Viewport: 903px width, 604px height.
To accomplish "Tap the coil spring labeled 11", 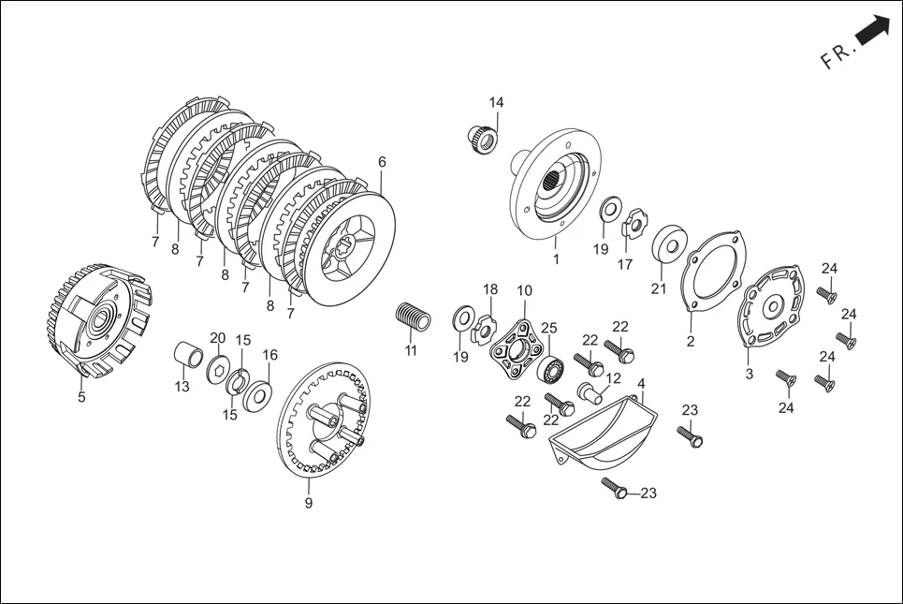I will point(413,316).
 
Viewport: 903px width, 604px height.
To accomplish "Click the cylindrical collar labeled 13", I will point(190,358).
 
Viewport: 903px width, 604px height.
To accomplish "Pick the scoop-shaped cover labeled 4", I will point(600,431).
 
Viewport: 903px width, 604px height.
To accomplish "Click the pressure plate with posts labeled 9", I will point(323,421).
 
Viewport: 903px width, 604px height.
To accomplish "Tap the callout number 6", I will point(382,162).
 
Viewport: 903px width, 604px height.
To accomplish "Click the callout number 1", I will point(555,259).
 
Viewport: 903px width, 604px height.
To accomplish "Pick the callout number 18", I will point(490,290).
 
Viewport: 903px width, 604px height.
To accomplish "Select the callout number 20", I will point(217,338).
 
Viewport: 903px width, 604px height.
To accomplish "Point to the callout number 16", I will point(269,355).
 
